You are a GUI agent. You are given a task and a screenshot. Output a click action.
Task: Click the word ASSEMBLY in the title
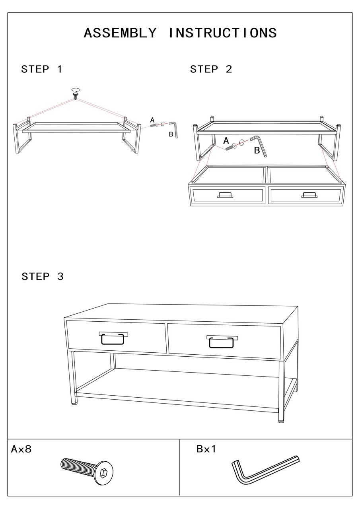tap(120, 33)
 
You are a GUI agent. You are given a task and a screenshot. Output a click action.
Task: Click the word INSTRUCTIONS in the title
tap(223, 33)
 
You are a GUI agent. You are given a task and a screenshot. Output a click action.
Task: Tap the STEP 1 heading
tap(42, 69)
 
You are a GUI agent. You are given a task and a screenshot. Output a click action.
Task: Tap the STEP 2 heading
tap(211, 69)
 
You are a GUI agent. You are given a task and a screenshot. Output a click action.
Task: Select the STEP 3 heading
tap(43, 276)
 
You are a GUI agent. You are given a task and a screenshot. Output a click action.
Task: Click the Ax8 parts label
tap(21, 449)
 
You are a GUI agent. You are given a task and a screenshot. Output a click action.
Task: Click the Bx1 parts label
tap(206, 449)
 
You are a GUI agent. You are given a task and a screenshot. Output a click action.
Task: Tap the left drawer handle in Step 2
tap(225, 195)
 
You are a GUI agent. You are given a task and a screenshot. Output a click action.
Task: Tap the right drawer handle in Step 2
tap(309, 195)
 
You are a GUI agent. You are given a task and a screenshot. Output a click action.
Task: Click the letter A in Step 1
tap(152, 120)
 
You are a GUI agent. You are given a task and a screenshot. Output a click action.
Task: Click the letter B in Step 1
tap(171, 134)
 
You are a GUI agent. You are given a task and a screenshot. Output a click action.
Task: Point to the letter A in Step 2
tap(226, 141)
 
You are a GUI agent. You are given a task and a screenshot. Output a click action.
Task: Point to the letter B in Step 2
tap(257, 150)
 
